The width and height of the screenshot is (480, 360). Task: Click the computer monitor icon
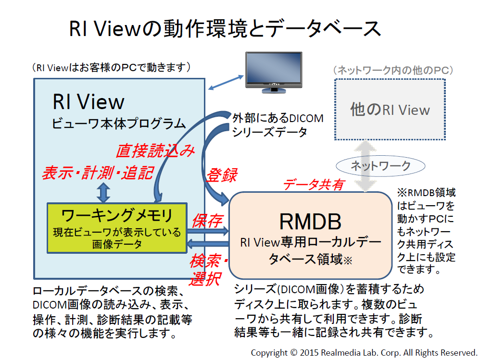[274, 72]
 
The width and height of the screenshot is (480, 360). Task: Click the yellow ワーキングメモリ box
[117, 228]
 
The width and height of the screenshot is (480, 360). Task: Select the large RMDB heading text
[310, 222]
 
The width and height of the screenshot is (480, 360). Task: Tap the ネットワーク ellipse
[380, 166]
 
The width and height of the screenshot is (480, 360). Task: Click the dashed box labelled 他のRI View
[390, 110]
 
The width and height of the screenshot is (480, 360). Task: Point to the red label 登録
[222, 175]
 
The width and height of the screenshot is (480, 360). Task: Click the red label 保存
[207, 221]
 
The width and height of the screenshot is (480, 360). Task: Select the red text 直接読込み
[155, 150]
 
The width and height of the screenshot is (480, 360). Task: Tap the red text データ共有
[314, 185]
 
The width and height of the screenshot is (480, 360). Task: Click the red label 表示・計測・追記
[98, 173]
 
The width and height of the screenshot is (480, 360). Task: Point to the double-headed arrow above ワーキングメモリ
[103, 192]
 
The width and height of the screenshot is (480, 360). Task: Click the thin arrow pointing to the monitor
[226, 82]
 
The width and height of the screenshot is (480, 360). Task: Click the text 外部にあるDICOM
[278, 118]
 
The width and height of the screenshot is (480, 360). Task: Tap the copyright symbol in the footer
[293, 353]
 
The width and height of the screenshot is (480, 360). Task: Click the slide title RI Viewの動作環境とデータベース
[225, 29]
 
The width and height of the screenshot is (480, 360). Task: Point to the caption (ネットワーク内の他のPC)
[393, 70]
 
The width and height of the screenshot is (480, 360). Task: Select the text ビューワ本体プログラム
[119, 124]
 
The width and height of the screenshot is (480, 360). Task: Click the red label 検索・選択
[209, 270]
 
